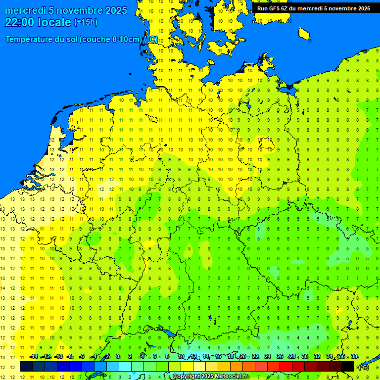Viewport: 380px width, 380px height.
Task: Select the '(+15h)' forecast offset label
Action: (86, 22)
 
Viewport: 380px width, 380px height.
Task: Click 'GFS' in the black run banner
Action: (275, 8)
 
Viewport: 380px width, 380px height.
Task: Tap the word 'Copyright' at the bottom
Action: (187, 377)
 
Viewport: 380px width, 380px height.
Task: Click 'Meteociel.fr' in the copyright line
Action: (232, 377)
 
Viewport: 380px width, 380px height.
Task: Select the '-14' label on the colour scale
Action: (34, 357)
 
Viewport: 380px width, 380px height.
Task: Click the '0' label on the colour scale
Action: (118, 357)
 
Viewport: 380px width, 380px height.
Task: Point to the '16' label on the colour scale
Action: (218, 357)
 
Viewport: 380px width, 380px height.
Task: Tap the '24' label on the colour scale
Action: (268, 357)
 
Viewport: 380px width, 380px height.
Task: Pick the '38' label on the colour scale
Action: (354, 357)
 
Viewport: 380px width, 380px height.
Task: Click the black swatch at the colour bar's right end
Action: (348, 367)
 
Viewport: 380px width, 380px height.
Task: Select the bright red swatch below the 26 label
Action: (285, 367)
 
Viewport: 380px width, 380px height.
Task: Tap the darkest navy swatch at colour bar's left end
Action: (26, 367)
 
